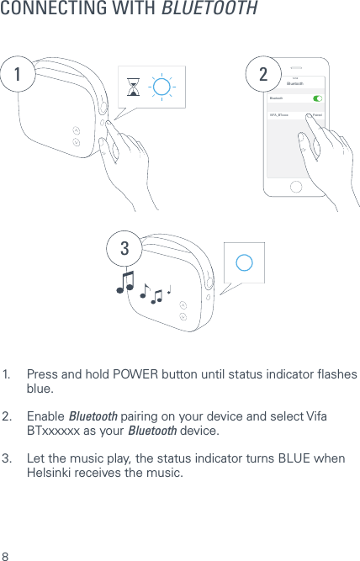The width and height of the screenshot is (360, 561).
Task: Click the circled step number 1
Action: tap(16, 75)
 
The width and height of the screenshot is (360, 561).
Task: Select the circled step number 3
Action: tap(124, 249)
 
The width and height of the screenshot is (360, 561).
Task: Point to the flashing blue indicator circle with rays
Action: tap(163, 87)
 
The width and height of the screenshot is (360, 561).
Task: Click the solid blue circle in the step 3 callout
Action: tap(244, 262)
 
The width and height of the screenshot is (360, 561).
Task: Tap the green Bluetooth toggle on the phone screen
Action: tap(317, 98)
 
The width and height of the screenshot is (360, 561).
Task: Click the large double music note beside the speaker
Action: tap(126, 281)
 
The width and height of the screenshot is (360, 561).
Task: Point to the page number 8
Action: tap(6, 556)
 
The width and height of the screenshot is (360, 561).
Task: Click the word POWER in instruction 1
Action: tap(146, 373)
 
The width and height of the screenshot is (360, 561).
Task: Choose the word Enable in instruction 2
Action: tap(45, 416)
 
